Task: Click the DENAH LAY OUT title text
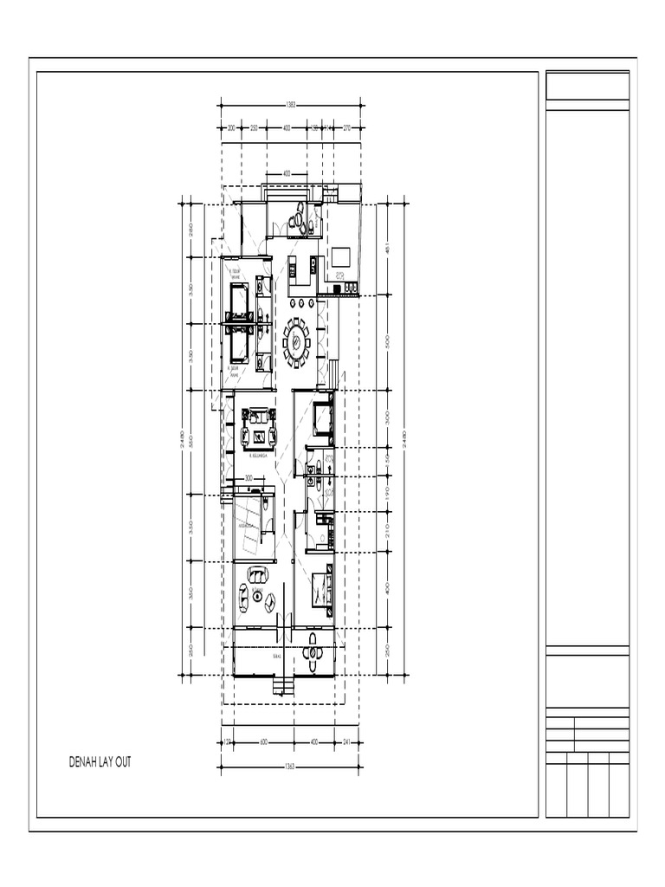[x=100, y=763]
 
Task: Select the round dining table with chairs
[x=296, y=340]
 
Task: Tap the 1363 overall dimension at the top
[x=291, y=105]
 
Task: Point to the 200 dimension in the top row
[x=231, y=127]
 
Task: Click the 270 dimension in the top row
[x=347, y=127]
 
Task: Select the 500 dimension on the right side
[x=388, y=340]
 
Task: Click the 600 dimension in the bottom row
[x=263, y=742]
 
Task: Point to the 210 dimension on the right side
[x=388, y=533]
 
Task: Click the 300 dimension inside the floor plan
[x=249, y=478]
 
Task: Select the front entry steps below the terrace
[x=282, y=686]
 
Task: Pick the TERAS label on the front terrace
[x=276, y=657]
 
